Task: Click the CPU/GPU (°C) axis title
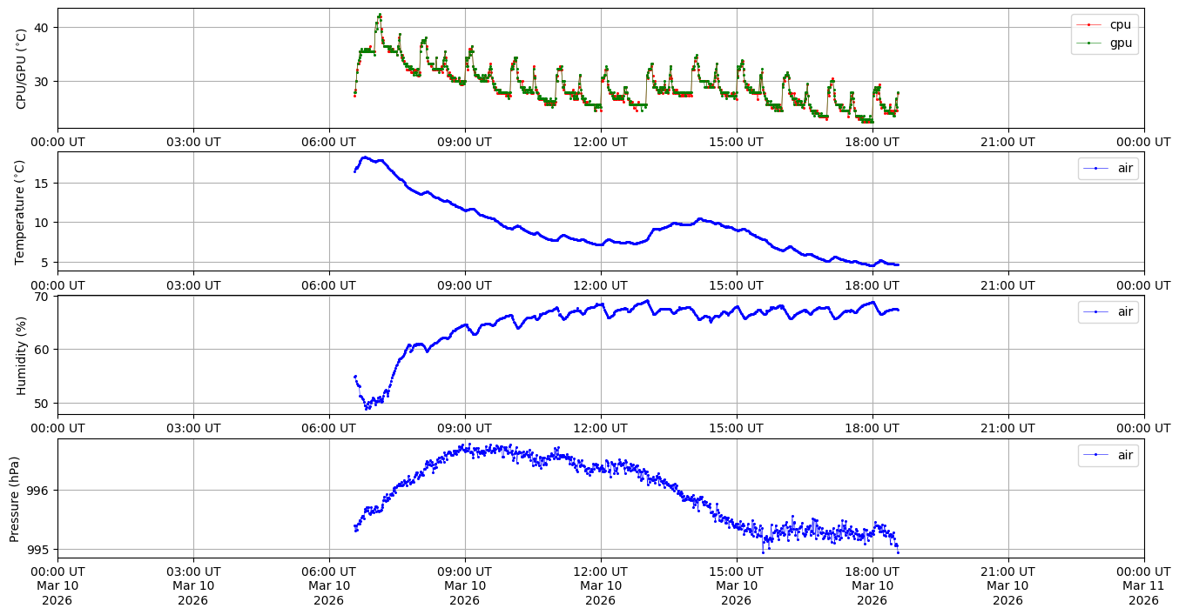[22, 68]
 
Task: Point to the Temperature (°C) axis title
[22, 211]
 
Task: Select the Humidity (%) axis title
[22, 355]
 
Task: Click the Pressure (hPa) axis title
[15, 498]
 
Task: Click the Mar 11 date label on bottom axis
[1143, 585]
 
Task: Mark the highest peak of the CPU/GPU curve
[380, 15]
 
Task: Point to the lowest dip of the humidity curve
[367, 407]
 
